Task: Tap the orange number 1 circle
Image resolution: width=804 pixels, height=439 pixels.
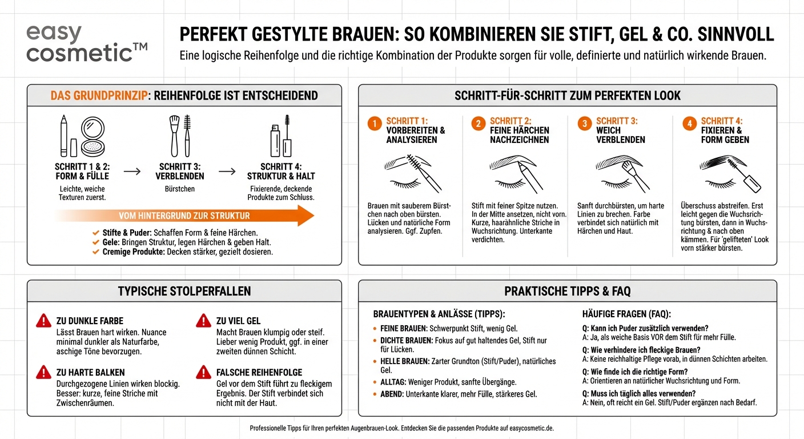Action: point(375,124)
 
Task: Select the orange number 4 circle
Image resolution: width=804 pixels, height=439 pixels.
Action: point(689,124)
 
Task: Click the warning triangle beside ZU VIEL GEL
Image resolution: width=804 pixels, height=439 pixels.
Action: point(203,321)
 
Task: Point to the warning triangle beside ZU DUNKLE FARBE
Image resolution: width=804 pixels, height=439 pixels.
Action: point(43,321)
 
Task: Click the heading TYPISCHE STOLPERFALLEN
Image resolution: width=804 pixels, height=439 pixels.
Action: point(184,291)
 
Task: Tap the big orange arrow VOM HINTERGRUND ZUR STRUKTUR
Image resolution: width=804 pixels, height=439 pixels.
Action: point(184,216)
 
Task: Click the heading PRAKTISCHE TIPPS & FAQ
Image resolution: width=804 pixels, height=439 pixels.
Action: point(567,291)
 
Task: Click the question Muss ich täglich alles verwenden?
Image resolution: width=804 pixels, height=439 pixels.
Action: point(638,393)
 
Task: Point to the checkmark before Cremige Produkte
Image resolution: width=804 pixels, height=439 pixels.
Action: point(96,252)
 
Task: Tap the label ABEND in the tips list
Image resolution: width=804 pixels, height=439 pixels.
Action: point(392,394)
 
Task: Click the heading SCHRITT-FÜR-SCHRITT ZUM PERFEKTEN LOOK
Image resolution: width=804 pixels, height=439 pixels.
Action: point(567,95)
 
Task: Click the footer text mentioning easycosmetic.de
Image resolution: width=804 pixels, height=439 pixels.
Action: point(401,428)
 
